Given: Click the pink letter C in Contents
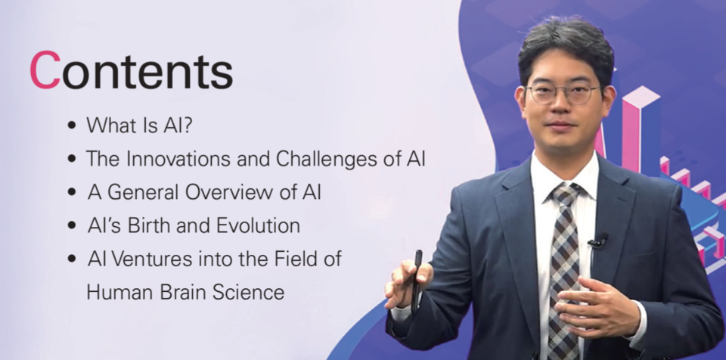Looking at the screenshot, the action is coord(45,70).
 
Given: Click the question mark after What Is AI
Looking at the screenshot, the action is coord(188,125).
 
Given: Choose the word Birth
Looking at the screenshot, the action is coord(149,225).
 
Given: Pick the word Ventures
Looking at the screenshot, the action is coord(152,259).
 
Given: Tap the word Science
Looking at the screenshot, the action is coord(248,292).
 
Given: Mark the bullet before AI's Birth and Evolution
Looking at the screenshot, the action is coord(71,225).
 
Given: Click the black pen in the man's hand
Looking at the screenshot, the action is coord(416,281).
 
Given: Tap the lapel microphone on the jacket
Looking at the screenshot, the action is coord(598,241).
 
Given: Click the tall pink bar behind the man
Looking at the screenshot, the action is coord(631,133).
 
